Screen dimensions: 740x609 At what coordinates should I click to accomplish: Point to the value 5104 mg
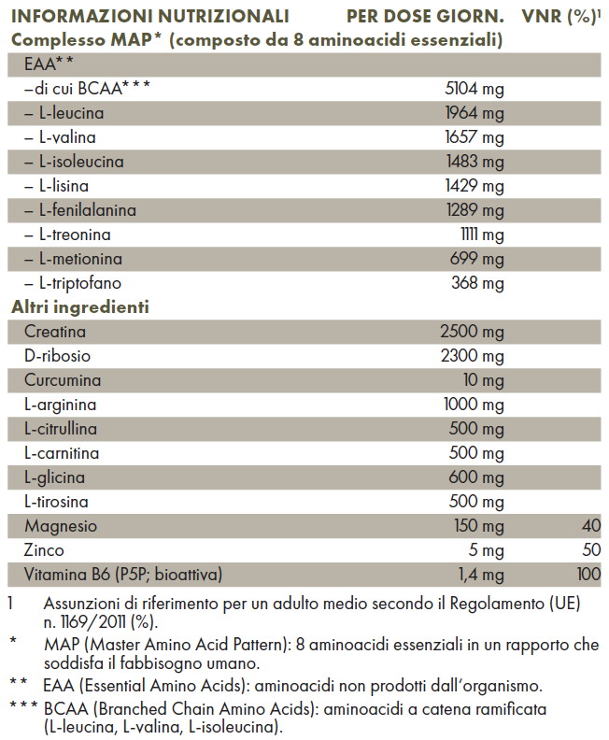pyautogui.click(x=475, y=89)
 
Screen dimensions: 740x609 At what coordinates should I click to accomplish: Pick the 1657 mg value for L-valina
pyautogui.click(x=475, y=137)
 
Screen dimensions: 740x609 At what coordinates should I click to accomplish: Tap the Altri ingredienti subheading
pyautogui.click(x=81, y=306)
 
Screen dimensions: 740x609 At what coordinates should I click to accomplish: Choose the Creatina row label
pyautogui.click(x=56, y=332)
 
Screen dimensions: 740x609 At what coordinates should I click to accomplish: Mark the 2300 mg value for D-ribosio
pyautogui.click(x=473, y=356)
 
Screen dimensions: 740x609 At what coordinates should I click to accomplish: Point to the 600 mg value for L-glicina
pyautogui.click(x=477, y=477)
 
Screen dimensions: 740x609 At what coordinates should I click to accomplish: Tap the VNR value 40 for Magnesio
pyautogui.click(x=590, y=526)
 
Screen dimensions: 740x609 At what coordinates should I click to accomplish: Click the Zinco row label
pyautogui.click(x=45, y=550)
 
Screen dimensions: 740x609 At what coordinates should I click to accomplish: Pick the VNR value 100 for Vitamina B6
pyautogui.click(x=588, y=575)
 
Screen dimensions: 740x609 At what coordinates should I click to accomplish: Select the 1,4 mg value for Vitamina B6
pyautogui.click(x=480, y=575)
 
